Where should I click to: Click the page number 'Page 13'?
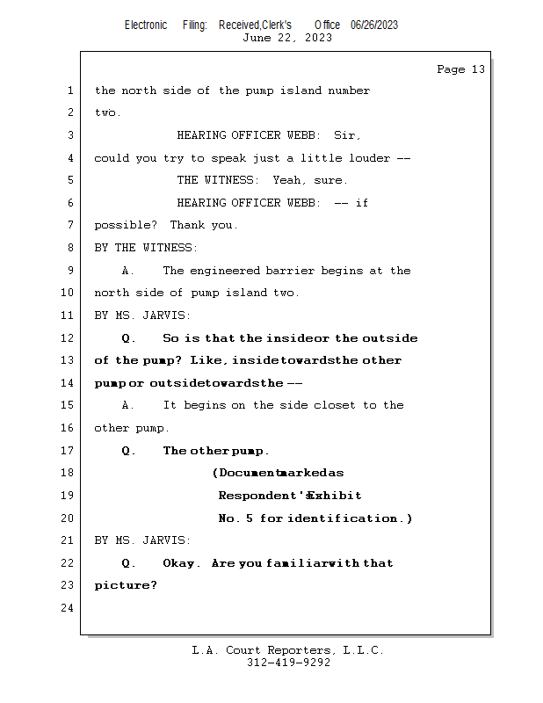(461, 69)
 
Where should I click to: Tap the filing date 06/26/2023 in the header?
(374, 25)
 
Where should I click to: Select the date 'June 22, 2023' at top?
(287, 38)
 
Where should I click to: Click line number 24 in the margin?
(68, 608)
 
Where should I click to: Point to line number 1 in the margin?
(70, 91)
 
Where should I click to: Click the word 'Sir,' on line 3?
(347, 135)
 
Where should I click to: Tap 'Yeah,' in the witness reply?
(290, 180)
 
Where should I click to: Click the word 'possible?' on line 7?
(126, 225)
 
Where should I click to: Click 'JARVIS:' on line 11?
(166, 315)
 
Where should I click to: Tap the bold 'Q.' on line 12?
(127, 338)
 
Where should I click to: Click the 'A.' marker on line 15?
(127, 405)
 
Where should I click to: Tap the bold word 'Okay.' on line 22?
(182, 563)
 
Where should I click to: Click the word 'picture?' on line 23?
(126, 585)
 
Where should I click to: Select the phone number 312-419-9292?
(288, 663)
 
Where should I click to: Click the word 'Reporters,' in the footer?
(300, 650)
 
